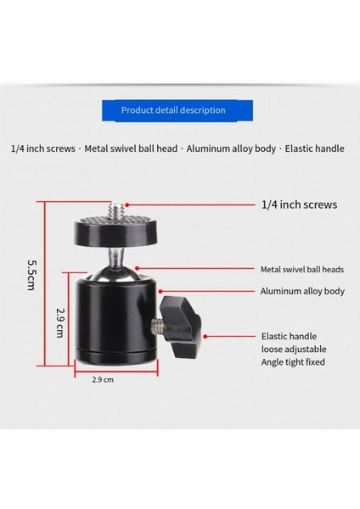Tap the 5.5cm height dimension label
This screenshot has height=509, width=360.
point(31,273)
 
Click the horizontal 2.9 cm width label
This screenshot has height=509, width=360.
point(104,380)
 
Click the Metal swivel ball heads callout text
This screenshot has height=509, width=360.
point(301,269)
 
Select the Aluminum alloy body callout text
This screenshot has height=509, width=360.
point(302,291)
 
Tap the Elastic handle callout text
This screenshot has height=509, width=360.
point(289,336)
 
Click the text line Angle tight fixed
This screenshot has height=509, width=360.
point(293,362)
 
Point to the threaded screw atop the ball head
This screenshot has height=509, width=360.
point(117,208)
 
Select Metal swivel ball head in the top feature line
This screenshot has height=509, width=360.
point(131,148)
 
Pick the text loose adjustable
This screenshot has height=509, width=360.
point(294,349)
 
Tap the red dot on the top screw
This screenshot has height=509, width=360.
point(125,204)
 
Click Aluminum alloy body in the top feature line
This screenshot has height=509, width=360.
point(230,148)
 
